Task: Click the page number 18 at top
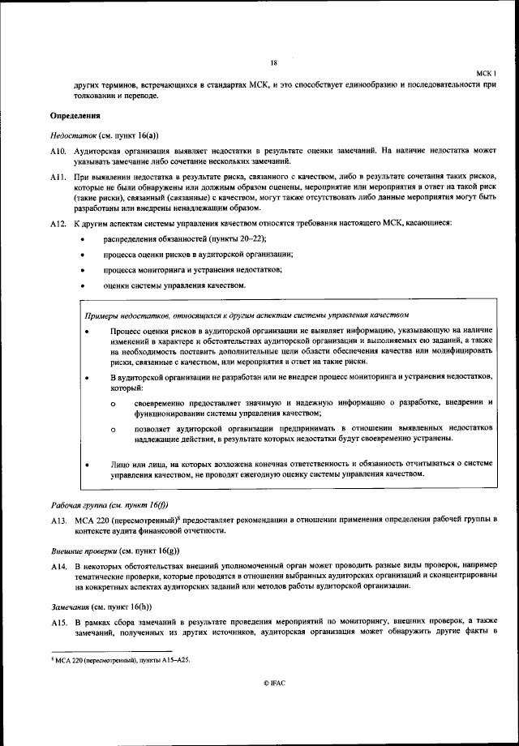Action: click(274, 62)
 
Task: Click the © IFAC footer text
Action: click(274, 683)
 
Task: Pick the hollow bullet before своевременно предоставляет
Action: click(114, 403)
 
